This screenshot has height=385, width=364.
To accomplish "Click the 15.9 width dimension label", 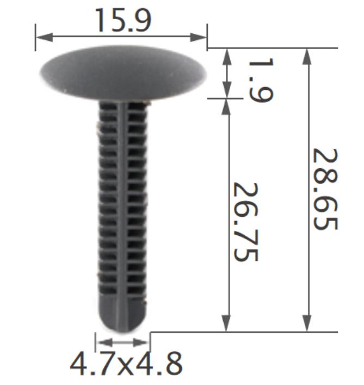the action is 124,20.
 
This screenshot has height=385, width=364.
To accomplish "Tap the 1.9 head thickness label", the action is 261,80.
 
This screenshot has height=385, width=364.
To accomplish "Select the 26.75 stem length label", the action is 245,222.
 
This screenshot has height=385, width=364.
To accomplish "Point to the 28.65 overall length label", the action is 325,189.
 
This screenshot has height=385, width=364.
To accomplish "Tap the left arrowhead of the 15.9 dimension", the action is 44,38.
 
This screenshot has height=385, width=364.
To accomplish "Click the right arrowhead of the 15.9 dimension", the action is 199,38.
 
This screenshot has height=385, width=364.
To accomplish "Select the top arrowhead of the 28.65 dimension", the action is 307,57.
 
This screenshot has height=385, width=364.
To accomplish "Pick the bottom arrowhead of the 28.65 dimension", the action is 307,323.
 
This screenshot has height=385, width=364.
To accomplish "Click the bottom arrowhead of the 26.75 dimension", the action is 226,323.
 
